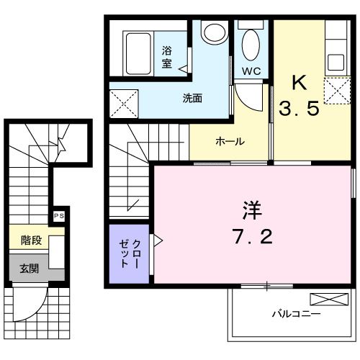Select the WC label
tap(251, 71)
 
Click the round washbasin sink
tap(212, 33)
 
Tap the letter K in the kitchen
tap(299, 81)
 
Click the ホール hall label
tap(230, 141)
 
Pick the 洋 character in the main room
tap(251, 210)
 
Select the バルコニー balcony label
tap(296, 314)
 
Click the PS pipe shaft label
tap(58, 215)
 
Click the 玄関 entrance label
tap(29, 269)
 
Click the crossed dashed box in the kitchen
tap(335, 91)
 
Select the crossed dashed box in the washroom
tap(124, 104)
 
